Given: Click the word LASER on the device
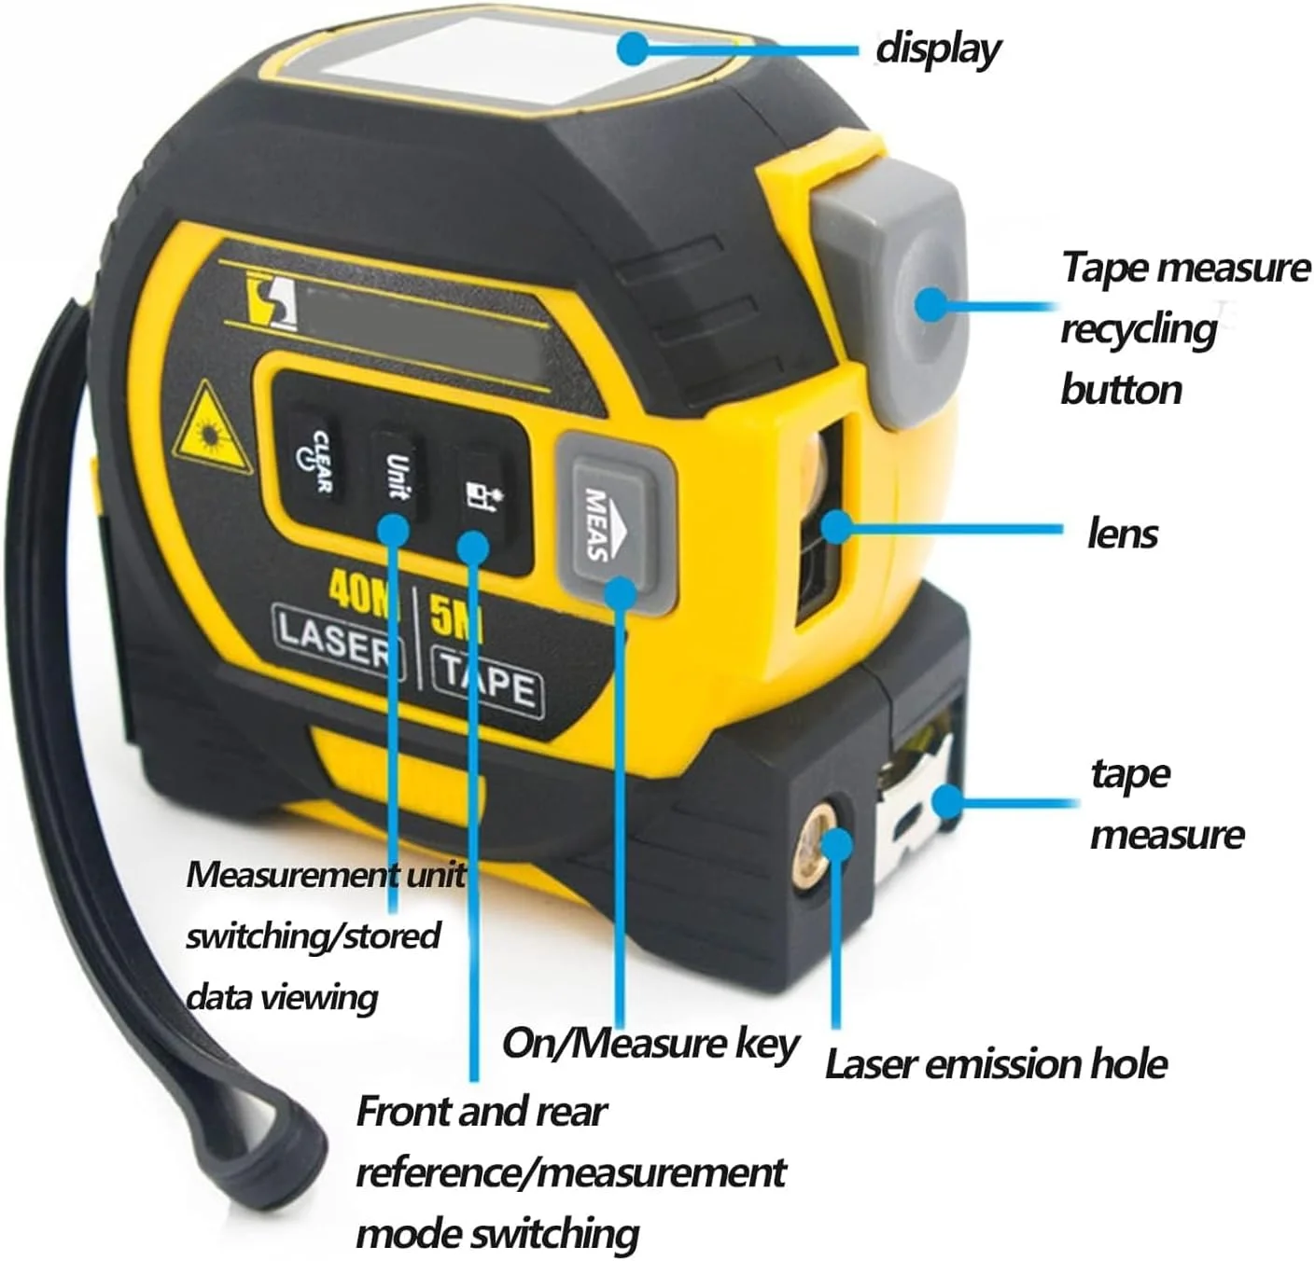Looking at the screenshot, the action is pos(337,642).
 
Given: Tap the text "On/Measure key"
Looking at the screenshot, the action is pos(650,1044).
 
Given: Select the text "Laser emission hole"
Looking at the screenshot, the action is pos(996,1064).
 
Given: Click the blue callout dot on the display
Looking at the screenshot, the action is pos(633,48).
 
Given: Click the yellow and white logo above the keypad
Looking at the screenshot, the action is pos(273,300).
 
